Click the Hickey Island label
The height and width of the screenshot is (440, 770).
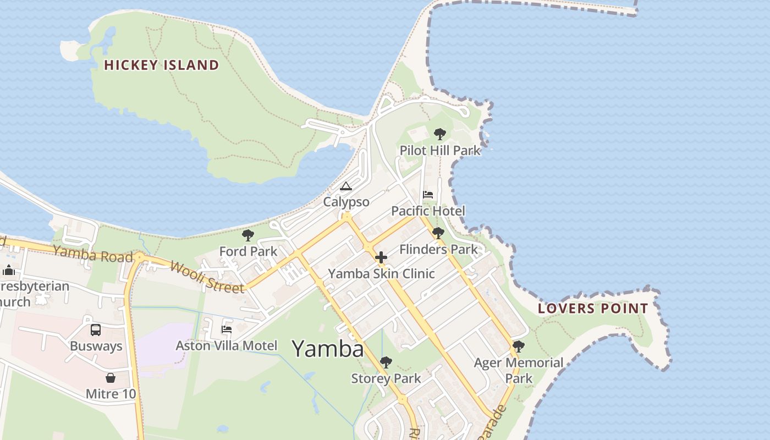[161, 65]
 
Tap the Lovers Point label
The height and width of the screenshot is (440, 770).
[593, 309]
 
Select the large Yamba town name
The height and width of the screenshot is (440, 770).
[327, 349]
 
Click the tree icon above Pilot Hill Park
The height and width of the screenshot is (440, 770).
[439, 134]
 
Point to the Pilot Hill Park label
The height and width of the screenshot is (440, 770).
[440, 150]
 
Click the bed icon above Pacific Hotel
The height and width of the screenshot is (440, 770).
[428, 195]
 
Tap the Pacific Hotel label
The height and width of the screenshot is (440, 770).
[428, 211]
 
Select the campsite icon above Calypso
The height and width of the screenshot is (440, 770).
[345, 186]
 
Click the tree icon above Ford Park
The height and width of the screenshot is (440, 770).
[248, 236]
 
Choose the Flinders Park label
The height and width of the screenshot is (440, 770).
[438, 249]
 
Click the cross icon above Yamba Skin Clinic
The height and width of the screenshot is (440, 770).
[381, 257]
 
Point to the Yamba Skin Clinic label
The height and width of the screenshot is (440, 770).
[381, 273]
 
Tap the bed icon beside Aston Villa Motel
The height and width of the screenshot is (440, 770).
[226, 329]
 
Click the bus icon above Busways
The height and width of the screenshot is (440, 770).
[96, 330]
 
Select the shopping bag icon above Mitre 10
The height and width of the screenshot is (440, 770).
[111, 378]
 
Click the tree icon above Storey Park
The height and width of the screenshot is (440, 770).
[386, 362]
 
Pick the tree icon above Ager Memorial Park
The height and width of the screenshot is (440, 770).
[518, 346]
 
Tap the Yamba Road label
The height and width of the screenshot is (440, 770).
[94, 254]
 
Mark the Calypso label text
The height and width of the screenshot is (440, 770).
[346, 202]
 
